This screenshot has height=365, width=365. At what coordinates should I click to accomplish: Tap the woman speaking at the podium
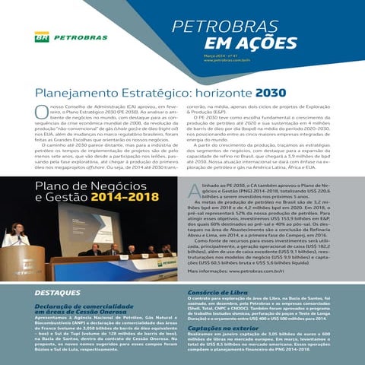pos(14,237)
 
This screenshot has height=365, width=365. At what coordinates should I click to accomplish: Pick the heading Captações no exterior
pos(224,328)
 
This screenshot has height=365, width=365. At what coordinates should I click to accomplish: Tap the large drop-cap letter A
pos(195,191)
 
